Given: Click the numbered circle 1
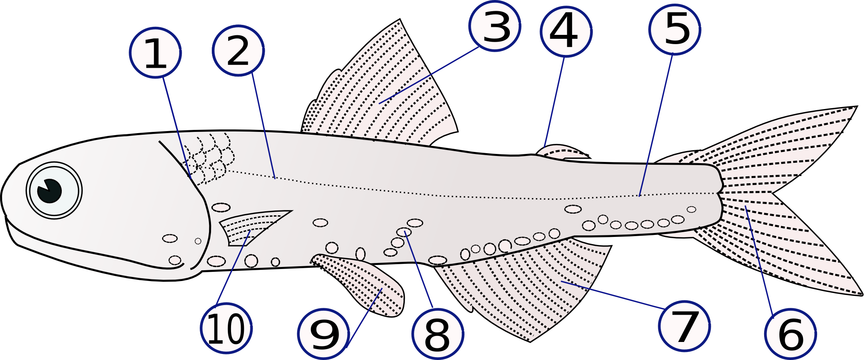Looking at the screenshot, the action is pos(155,53).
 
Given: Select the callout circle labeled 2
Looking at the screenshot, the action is pos(238,50).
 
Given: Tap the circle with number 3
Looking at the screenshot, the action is pos(495,26).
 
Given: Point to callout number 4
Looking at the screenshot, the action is pos(566,31).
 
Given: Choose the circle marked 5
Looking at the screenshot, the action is pos(675,29).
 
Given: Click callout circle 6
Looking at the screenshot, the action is pos(791,334).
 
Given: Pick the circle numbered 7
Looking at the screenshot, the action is pos(684,326).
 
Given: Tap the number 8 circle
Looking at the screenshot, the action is pos(438,334).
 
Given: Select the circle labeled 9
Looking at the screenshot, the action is pos(324,334).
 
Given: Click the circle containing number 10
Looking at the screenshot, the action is pos(226,328).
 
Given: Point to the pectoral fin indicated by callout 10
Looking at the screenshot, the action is pos(253,227).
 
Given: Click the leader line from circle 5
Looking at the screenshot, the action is pos(656,125).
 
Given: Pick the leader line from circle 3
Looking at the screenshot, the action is pos(428,75).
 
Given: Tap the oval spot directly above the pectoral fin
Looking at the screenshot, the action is pos(221,207).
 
